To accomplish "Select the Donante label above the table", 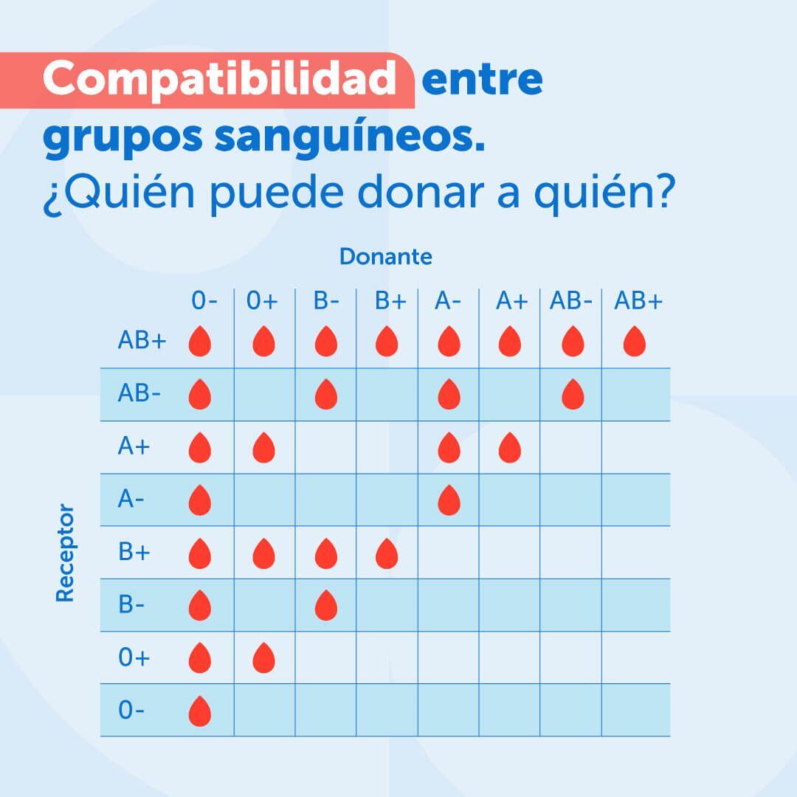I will coord(385,257).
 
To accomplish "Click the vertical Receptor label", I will coord(66,553).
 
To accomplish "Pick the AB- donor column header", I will coord(570,301).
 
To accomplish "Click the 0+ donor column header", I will coord(262,301).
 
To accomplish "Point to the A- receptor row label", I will coord(131,500).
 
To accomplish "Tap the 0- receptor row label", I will coord(131,710).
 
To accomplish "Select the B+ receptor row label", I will coord(134,552).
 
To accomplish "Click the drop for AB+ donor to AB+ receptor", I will coord(634,342).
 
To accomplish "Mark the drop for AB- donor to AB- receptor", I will coord(573,395).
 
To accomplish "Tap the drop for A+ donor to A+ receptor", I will coord(509,448).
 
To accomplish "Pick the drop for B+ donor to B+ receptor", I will coord(387,553).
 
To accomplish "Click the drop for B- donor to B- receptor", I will coord(325,606).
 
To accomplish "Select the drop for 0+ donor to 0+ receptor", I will coord(263,658).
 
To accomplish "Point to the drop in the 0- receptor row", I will coord(200,711).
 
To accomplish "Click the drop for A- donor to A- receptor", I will coord(448,500).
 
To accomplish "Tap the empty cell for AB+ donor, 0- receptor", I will coord(635,710).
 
